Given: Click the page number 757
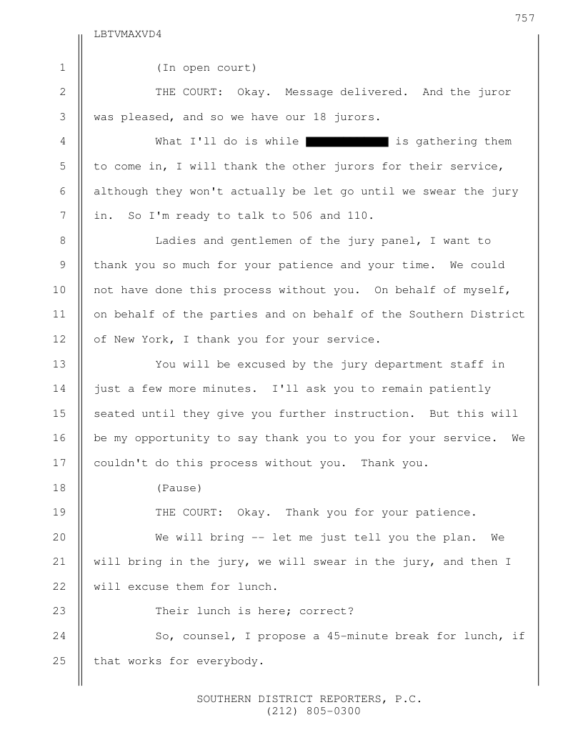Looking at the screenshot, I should (x=524, y=18).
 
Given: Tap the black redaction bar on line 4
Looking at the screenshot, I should (x=347, y=142).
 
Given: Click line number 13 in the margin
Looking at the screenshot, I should (x=59, y=365).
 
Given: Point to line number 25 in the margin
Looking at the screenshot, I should (x=59, y=661).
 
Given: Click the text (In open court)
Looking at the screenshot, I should (x=206, y=68).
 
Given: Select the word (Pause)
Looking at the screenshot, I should (x=179, y=488).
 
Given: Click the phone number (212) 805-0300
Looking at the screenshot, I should (x=314, y=711).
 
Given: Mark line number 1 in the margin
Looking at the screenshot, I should (x=62, y=68).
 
